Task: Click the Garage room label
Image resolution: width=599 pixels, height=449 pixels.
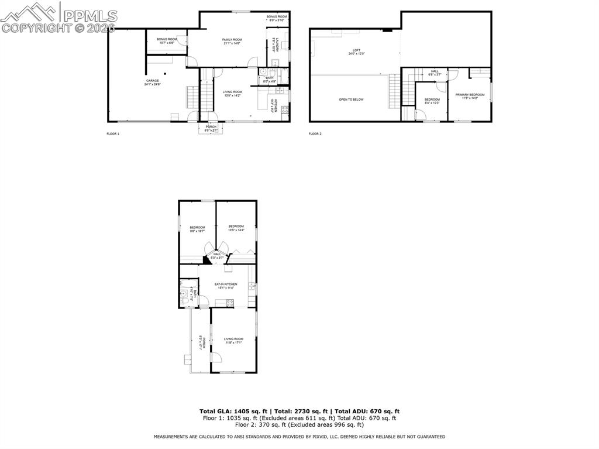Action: [x=153, y=82]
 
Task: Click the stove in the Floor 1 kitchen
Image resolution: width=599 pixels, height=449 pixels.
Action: [x=285, y=109]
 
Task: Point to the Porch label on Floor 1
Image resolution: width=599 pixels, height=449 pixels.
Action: [x=211, y=128]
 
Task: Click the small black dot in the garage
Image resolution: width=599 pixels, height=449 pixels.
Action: [x=166, y=73]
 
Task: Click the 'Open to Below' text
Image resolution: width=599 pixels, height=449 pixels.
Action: [x=351, y=100]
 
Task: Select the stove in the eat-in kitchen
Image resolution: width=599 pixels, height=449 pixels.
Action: [x=230, y=303]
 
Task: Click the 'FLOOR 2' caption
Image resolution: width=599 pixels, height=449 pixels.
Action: [x=315, y=133]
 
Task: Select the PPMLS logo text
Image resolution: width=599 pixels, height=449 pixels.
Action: [x=88, y=16]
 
